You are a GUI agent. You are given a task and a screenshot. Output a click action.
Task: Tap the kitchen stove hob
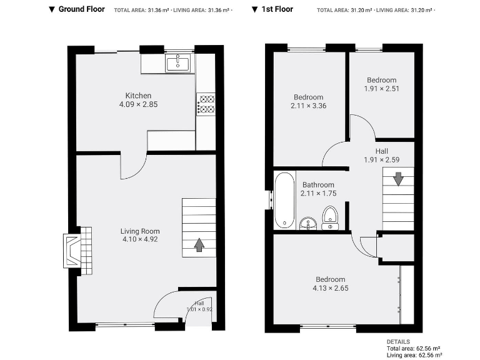click(x=206, y=104)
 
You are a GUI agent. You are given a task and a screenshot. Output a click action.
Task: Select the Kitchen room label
click(x=138, y=96)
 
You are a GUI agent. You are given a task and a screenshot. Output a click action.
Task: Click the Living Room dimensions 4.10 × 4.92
click(x=138, y=239)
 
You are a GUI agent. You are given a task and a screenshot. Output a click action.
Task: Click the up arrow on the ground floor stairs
click(x=199, y=244)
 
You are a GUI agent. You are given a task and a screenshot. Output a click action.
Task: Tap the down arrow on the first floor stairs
click(x=398, y=179)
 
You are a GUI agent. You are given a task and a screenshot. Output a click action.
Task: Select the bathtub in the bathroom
click(x=284, y=201)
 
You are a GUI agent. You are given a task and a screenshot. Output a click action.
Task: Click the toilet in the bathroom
click(x=330, y=218)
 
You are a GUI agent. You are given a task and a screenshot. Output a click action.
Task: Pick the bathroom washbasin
click(x=307, y=222)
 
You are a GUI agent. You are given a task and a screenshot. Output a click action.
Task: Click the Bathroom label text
click(x=318, y=185)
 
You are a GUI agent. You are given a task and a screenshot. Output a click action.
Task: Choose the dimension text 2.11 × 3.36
click(x=308, y=106)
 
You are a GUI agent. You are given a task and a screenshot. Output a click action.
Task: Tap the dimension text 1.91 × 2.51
click(x=381, y=89)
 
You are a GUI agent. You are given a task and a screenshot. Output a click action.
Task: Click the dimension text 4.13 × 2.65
click(x=330, y=288)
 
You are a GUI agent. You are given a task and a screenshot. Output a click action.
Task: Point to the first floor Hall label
click(x=381, y=151)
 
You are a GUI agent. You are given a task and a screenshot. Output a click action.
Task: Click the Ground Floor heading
click(x=82, y=9)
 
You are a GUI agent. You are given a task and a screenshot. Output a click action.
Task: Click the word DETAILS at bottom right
click(x=398, y=342)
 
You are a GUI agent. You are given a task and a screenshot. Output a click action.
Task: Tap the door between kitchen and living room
click(x=132, y=165)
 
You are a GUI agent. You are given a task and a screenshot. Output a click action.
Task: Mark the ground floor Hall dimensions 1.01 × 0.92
click(x=199, y=309)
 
